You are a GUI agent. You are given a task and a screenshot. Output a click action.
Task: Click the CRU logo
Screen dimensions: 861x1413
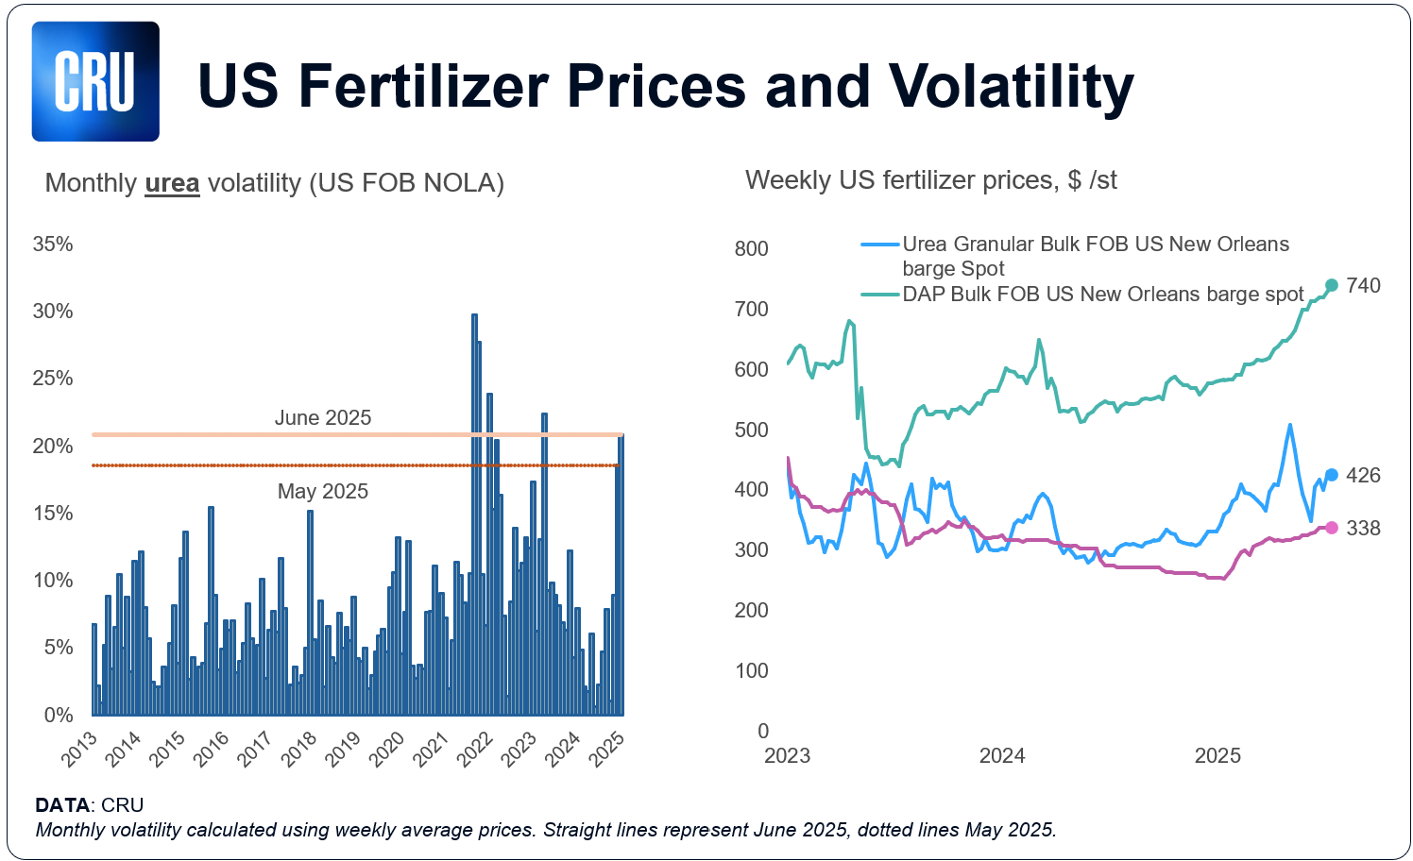pyautogui.click(x=95, y=82)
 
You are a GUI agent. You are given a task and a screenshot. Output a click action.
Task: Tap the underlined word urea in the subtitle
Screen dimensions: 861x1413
pyautogui.click(x=172, y=183)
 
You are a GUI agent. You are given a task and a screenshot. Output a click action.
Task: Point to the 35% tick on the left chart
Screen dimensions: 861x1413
pyautogui.click(x=53, y=245)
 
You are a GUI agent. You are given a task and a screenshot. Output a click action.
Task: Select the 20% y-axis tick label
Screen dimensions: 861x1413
pyautogui.click(x=53, y=446)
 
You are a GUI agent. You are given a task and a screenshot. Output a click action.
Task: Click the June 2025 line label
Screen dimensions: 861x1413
pyautogui.click(x=322, y=418)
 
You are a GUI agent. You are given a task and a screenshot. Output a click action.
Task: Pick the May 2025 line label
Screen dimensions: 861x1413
pyautogui.click(x=322, y=491)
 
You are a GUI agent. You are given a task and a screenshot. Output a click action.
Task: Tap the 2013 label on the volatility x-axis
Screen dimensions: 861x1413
pyautogui.click(x=79, y=749)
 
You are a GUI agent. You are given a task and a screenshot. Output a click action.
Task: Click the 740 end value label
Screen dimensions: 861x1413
pyautogui.click(x=1363, y=286)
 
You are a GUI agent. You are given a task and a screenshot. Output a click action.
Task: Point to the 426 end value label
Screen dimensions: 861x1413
pyautogui.click(x=1363, y=476)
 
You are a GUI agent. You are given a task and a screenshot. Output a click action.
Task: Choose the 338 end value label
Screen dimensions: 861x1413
pyautogui.click(x=1363, y=529)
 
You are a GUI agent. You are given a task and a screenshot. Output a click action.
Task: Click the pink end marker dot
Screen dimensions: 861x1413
pyautogui.click(x=1332, y=528)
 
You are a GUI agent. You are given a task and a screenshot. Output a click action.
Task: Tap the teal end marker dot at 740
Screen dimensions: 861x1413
pyautogui.click(x=1332, y=285)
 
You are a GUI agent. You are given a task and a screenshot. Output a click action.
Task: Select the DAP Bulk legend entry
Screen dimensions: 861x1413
pyautogui.click(x=1102, y=295)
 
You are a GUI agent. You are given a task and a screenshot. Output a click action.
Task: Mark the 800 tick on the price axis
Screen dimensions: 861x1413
pyautogui.click(x=752, y=249)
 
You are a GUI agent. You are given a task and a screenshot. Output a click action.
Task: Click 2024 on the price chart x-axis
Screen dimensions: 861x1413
pyautogui.click(x=1002, y=756)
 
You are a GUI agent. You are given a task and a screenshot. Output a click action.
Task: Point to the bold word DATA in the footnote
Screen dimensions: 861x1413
pyautogui.click(x=62, y=805)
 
